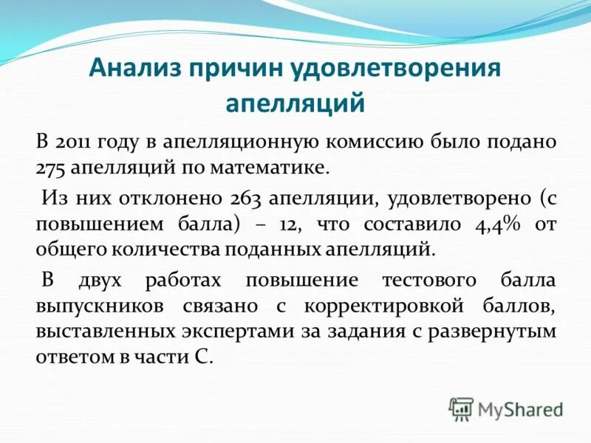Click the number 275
pos(50,168)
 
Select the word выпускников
pos(89,306)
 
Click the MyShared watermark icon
pos(461,408)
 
